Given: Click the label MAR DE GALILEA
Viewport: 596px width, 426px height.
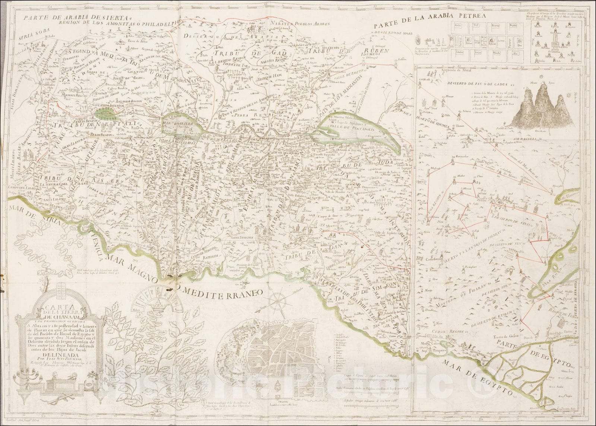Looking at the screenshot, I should [x=181, y=125].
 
